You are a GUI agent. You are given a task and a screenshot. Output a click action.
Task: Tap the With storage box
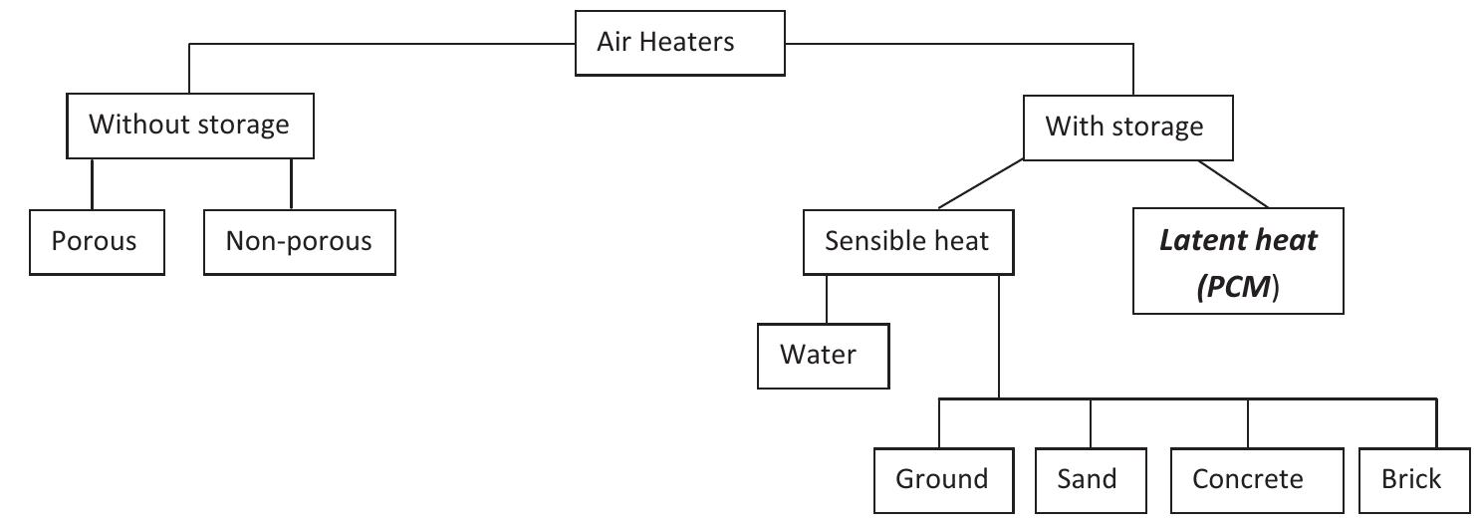click(x=1123, y=128)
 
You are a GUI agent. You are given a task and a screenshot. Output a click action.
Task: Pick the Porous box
click(x=96, y=242)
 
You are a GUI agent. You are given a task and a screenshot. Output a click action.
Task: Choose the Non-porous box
click(x=299, y=242)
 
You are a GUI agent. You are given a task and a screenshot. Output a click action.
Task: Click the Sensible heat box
click(x=907, y=242)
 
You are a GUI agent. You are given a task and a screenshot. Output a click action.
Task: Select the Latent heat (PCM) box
click(x=1238, y=261)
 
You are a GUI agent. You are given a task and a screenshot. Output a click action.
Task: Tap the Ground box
click(x=942, y=479)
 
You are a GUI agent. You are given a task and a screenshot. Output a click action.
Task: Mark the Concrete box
click(x=1248, y=479)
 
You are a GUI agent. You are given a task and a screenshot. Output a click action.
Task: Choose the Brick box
click(x=1411, y=479)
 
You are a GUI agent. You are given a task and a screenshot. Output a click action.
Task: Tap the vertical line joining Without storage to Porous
click(x=93, y=183)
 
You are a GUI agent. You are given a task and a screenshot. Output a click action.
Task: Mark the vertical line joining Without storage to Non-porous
click(x=291, y=183)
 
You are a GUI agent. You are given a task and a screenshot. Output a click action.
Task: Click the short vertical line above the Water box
click(x=827, y=298)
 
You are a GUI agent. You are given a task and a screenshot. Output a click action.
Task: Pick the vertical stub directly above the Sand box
click(x=1091, y=423)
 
